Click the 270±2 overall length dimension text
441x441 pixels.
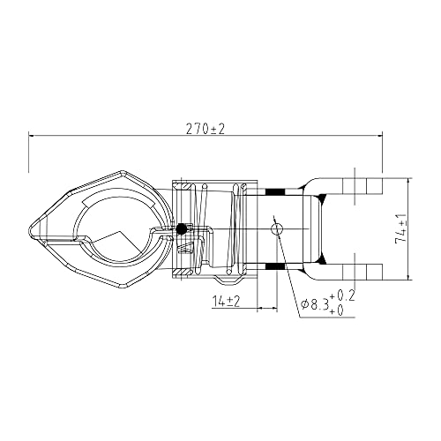pyautogui.click(x=206, y=129)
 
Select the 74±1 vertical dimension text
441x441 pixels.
pyautogui.click(x=401, y=228)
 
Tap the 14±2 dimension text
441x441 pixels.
pyautogui.click(x=227, y=302)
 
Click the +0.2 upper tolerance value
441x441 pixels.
pyautogui.click(x=342, y=295)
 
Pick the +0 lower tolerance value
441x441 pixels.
pyautogui.click(x=337, y=310)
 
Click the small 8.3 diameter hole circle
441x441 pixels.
pyautogui.click(x=277, y=228)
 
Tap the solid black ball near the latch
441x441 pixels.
pyautogui.click(x=182, y=229)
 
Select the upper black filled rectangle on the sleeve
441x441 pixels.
pyautogui.click(x=275, y=191)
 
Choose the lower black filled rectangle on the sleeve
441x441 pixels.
pyautogui.click(x=275, y=266)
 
